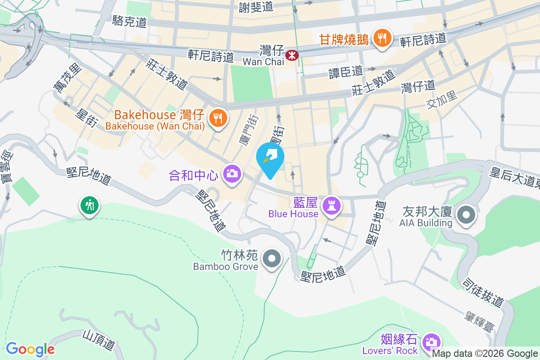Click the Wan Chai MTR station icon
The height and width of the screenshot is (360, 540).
292,55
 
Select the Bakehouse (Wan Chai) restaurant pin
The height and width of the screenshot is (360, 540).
218,118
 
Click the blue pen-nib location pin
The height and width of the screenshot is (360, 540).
270,159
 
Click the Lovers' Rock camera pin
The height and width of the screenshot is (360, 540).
431,342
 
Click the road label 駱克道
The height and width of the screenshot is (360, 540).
130,21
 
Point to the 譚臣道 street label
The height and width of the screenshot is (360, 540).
346,72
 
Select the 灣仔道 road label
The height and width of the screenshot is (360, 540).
418,86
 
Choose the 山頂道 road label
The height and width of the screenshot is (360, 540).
98,340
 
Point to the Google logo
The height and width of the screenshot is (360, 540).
30,349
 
